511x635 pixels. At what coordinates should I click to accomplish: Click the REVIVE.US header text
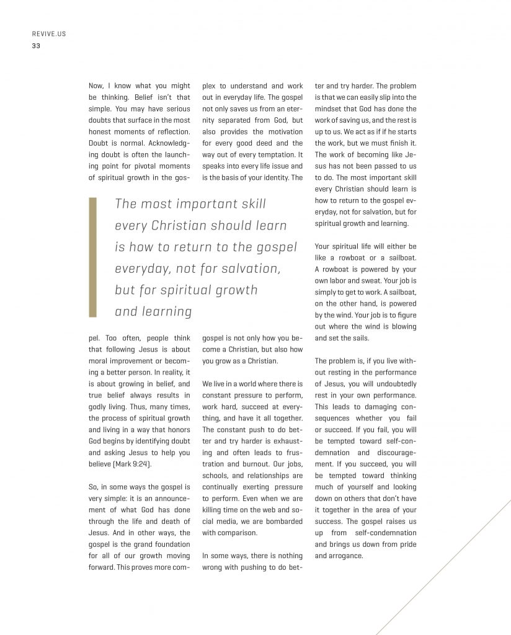[x=48, y=34]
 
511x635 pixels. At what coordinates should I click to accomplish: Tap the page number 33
[x=36, y=45]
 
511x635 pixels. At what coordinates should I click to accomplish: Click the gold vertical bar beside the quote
[x=93, y=258]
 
